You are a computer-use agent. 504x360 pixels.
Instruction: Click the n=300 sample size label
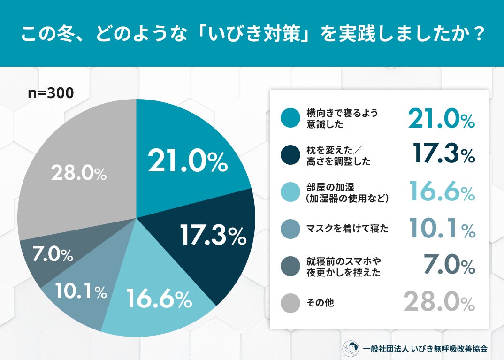pos(51,93)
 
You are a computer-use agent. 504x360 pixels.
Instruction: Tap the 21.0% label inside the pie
pos(187,161)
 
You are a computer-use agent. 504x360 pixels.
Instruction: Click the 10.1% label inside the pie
pos(80,292)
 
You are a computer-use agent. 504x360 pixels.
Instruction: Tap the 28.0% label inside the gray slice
pos(79,174)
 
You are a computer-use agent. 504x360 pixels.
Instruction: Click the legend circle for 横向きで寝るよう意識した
pos(290,118)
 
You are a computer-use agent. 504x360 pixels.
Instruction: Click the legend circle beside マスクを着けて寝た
pos(290,229)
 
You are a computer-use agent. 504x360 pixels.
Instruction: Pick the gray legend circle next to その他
pos(290,303)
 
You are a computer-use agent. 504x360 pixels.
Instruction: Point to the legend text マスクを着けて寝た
pos(347,229)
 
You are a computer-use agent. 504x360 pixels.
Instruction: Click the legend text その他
pos(320,303)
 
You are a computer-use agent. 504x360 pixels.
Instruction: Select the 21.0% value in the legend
pos(441,119)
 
